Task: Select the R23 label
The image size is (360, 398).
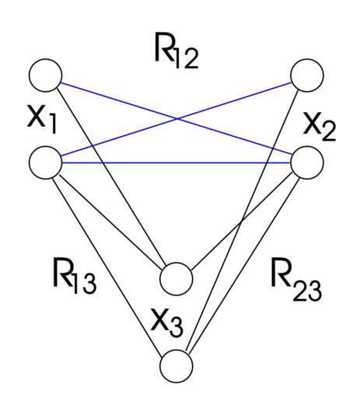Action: tap(296, 283)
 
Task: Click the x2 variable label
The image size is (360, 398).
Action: tap(320, 130)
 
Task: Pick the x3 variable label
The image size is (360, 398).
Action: tap(167, 326)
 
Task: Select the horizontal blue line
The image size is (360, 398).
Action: tap(177, 162)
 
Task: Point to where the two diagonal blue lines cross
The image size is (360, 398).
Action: tap(177, 119)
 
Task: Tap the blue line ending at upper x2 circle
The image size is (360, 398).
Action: tap(177, 119)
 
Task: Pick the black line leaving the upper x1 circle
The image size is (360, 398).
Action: tap(111, 177)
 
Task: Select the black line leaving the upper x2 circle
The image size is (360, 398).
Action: tap(243, 221)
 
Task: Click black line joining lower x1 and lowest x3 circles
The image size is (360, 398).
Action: tap(108, 265)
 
